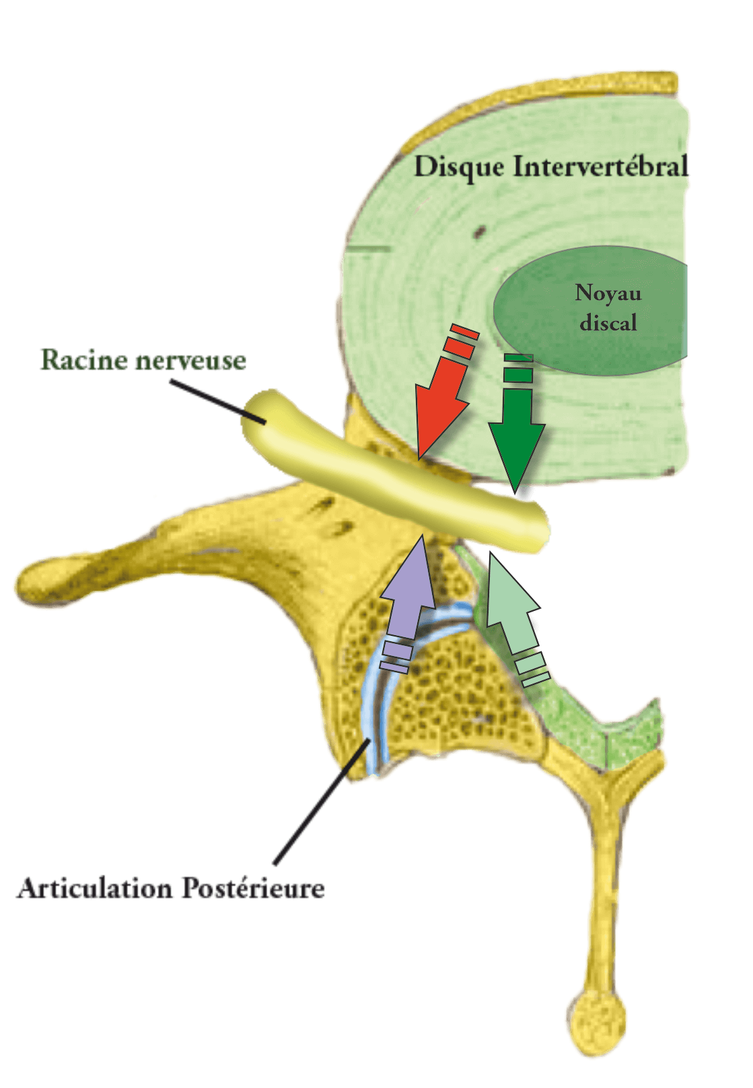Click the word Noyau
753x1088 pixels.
[x=608, y=293]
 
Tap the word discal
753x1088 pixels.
[x=608, y=323]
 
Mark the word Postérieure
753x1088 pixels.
[x=252, y=889]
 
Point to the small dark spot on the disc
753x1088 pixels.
[x=479, y=232]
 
